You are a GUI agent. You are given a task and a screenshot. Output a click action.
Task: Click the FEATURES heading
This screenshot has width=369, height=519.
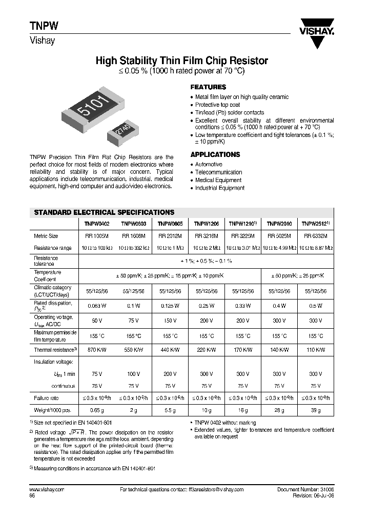[x=208, y=87]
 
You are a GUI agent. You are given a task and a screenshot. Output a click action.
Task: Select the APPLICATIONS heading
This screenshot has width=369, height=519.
[x=215, y=154]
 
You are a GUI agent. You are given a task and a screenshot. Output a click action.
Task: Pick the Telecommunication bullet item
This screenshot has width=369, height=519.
[x=218, y=172]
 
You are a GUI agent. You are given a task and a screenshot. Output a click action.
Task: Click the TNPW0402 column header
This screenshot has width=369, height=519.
[x=96, y=224]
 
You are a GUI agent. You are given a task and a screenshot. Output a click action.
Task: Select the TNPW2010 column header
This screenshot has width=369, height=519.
[x=279, y=224]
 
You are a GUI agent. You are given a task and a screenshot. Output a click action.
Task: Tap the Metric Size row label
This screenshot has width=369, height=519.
[x=46, y=236]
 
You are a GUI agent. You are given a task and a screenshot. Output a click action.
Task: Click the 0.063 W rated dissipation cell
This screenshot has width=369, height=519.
[x=96, y=306]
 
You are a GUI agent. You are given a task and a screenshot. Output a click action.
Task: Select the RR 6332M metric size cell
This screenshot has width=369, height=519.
[x=316, y=236]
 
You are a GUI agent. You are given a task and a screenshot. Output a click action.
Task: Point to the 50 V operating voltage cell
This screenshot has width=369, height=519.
[x=96, y=321]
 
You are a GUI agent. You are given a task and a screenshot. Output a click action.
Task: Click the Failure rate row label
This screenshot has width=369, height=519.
[x=47, y=398]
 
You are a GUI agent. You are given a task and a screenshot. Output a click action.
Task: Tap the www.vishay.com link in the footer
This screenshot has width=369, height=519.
[x=44, y=490]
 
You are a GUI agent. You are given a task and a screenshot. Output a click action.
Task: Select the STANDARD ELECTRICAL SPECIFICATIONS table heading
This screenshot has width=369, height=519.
[x=104, y=212]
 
